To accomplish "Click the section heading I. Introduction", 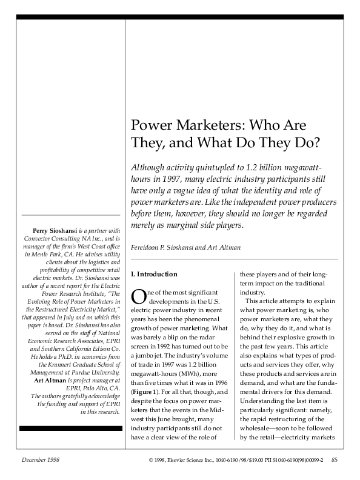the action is tap(155, 274).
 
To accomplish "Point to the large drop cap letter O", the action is tap(139, 296).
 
